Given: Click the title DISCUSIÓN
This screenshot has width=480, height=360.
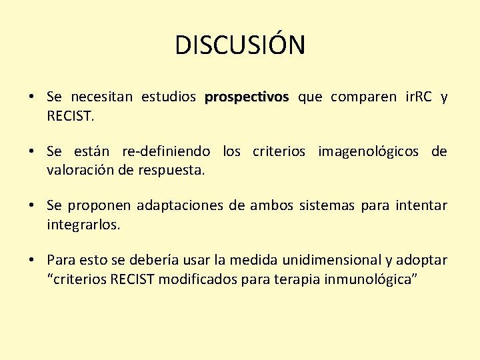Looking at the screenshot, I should coord(240,45).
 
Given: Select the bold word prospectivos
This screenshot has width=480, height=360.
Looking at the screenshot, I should coord(247,98).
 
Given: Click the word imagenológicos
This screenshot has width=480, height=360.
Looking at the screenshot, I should coord(369,152).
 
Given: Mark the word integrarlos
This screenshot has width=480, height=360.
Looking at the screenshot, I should coord(83,224).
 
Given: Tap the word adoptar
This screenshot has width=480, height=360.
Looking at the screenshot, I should coord(425,260).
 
